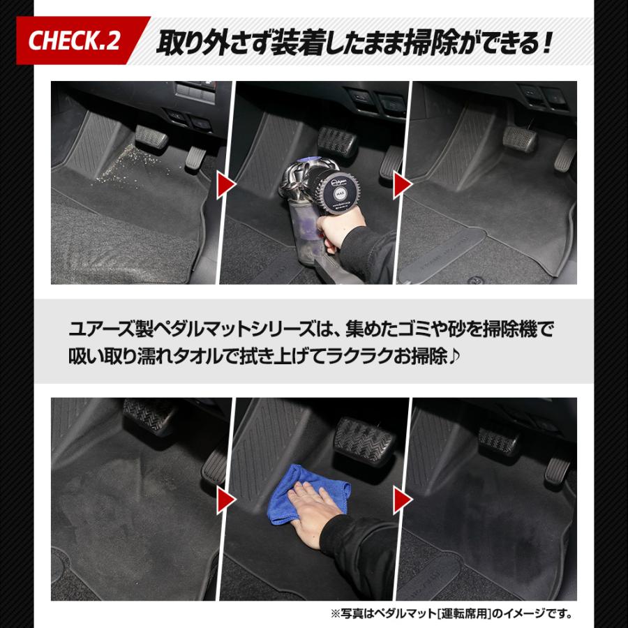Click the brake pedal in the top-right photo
520,140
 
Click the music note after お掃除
457,357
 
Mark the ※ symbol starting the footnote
335,615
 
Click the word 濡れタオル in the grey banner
167,357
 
